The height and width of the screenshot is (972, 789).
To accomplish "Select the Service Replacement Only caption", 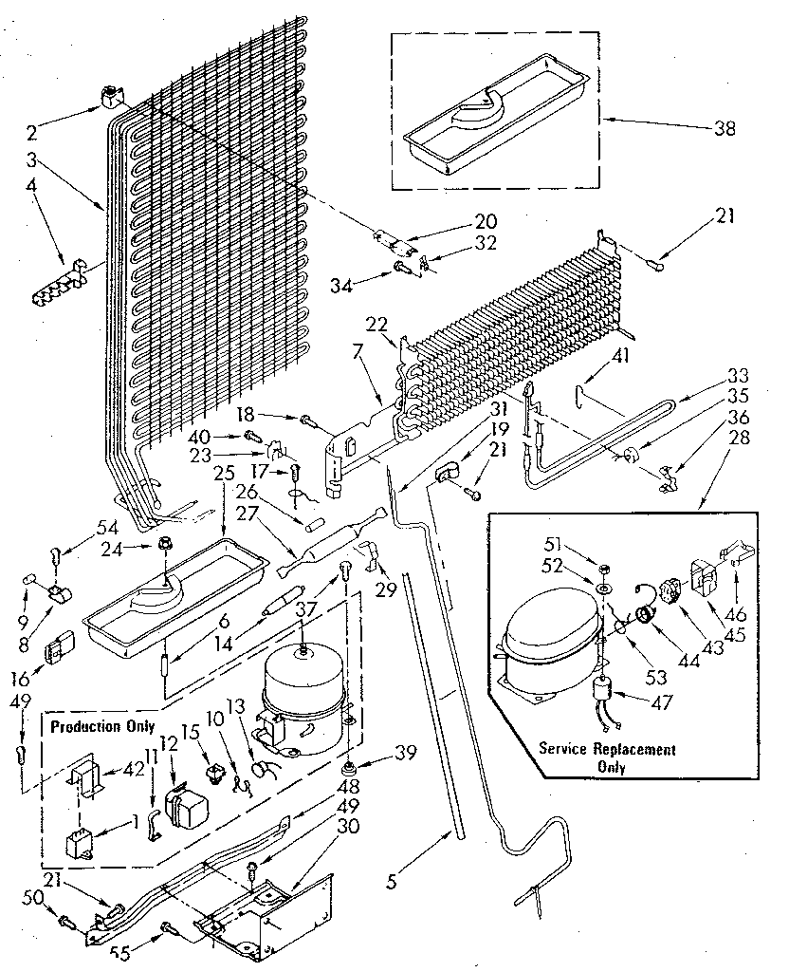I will point(608,758).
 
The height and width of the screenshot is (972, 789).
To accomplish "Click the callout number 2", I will point(32,133).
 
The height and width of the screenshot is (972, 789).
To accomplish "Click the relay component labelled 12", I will point(185,809).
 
